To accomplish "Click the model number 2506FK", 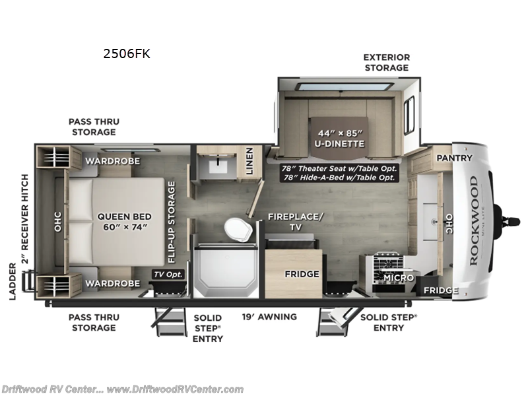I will tap(127, 54).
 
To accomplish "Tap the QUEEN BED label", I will tap(125, 222).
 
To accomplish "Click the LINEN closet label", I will tap(249, 161).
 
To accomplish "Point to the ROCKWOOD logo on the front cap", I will tap(473, 220).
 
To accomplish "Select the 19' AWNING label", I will tap(269, 317).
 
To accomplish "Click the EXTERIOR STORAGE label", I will tap(386, 62).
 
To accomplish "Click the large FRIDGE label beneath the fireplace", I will tap(303, 274).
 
